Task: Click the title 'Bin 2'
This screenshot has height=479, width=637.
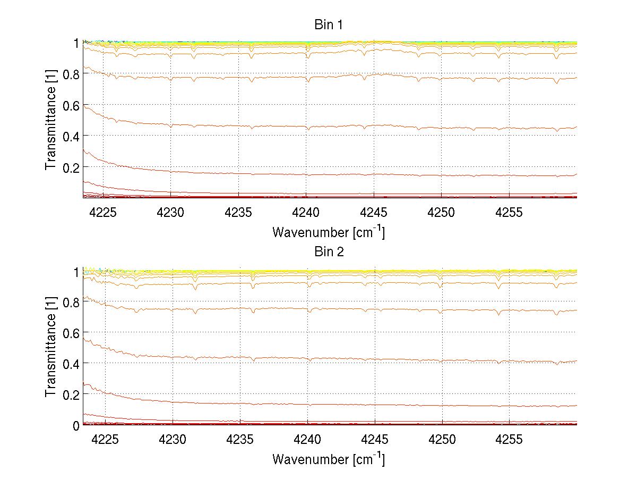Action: pyautogui.click(x=329, y=251)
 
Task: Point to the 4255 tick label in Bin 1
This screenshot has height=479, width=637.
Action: pyautogui.click(x=509, y=213)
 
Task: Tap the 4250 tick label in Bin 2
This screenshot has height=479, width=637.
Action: pyautogui.click(x=442, y=440)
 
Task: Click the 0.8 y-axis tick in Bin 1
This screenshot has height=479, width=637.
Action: pyautogui.click(x=71, y=74)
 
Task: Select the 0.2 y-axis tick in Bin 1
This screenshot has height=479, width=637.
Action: pyautogui.click(x=71, y=167)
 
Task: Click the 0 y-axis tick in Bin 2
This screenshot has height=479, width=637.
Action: pyautogui.click(x=76, y=425)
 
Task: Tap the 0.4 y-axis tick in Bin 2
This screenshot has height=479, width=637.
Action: pyautogui.click(x=71, y=363)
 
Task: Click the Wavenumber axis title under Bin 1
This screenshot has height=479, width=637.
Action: pyautogui.click(x=329, y=232)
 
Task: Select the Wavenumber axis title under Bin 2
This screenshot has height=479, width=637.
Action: pyautogui.click(x=329, y=459)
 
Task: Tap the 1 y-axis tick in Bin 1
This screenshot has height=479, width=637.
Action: pyautogui.click(x=76, y=43)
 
